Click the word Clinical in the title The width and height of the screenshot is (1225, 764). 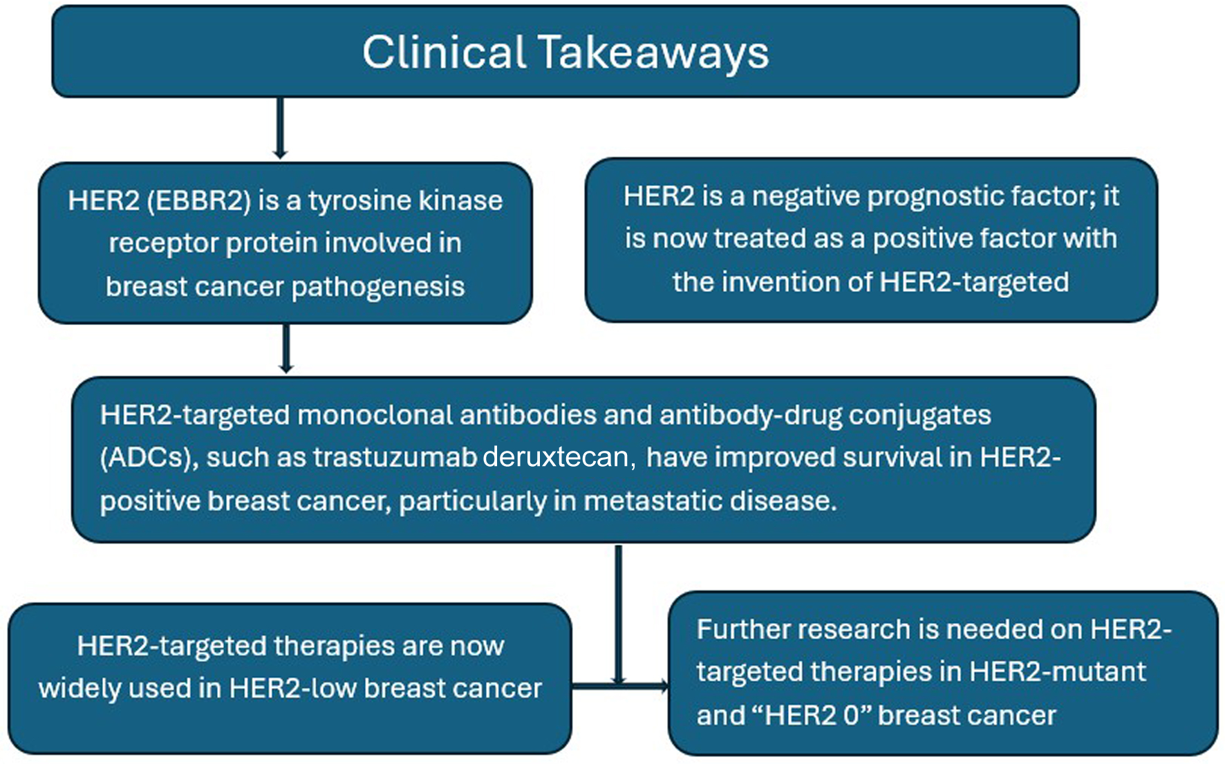point(444,52)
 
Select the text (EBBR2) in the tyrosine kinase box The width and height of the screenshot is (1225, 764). point(199,201)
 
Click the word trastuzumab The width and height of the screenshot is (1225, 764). point(394,458)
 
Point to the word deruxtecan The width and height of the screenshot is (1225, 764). point(559,458)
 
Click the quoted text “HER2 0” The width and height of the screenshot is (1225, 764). point(813,716)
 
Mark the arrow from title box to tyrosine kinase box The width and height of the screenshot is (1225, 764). point(280,129)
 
